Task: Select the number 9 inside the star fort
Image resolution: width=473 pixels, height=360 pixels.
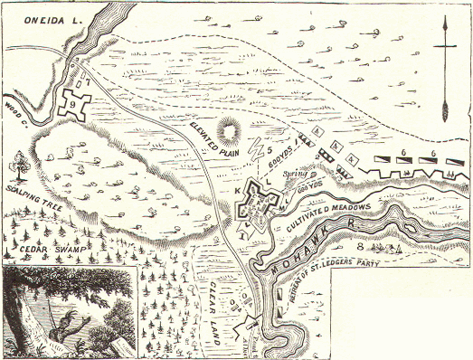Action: (x=77, y=106)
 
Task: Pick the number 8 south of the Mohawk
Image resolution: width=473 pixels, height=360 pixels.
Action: (x=360, y=244)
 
